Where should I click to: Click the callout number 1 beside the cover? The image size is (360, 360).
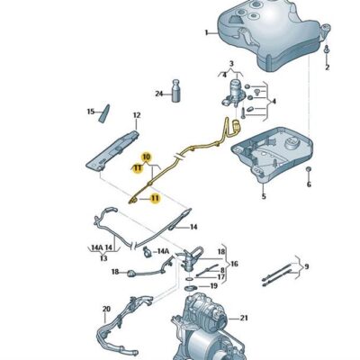pos(205,32)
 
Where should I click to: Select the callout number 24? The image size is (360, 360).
pos(158,94)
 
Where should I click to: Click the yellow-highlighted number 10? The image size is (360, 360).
pos(147,157)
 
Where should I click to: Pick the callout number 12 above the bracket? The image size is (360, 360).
pos(137,115)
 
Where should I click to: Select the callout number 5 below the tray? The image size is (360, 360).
pos(263,195)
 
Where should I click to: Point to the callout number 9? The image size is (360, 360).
pos(306,266)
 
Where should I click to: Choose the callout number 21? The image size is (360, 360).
pos(244,318)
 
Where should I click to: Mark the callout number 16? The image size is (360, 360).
pos(234,265)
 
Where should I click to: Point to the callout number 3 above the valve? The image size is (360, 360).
pos(231,65)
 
